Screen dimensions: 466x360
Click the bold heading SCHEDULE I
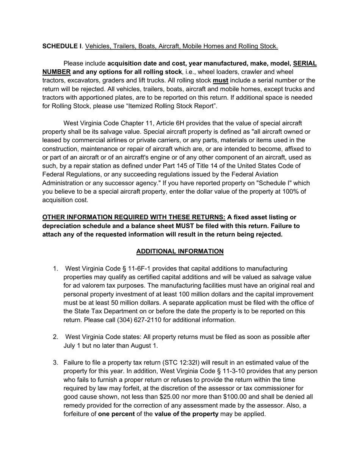point(62,46)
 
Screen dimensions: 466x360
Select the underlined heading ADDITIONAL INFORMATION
point(180,252)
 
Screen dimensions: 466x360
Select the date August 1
point(144,346)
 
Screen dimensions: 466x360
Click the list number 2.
point(55,337)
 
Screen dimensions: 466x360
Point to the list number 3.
point(55,363)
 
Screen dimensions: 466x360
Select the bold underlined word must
point(221,80)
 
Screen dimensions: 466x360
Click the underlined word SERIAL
point(305,63)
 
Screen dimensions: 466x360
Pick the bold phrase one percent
point(116,414)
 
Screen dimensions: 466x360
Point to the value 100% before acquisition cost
point(290,191)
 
